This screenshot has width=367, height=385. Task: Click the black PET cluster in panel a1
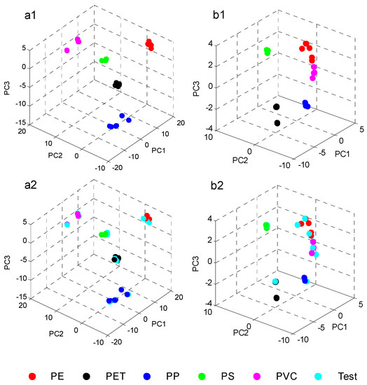(117, 85)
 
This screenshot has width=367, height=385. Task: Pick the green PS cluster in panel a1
(104, 60)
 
